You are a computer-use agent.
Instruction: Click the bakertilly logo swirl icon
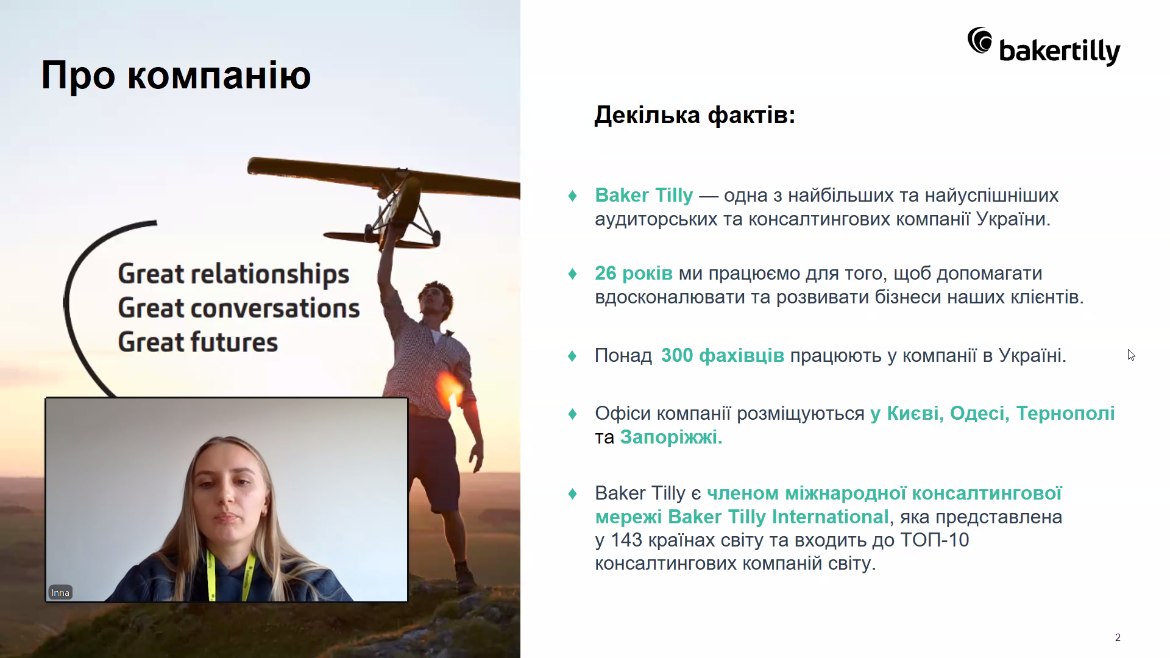(980, 40)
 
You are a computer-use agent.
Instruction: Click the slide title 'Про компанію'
(176, 76)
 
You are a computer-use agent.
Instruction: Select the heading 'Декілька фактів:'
(695, 115)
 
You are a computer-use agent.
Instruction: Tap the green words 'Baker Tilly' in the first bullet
(644, 195)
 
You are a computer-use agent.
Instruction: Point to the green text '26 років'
(634, 274)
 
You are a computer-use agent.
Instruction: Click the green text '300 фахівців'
(723, 355)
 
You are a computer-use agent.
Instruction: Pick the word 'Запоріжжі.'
(671, 437)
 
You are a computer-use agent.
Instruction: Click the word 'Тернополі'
(1066, 413)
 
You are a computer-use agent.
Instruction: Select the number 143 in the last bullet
(626, 540)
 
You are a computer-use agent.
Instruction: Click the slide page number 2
(1118, 637)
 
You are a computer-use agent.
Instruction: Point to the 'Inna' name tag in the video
(60, 592)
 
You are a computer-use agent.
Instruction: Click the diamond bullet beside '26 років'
(572, 274)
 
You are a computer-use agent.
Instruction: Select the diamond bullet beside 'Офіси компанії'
(572, 414)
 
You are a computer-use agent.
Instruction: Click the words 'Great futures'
(198, 342)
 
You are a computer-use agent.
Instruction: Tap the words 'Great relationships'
(234, 274)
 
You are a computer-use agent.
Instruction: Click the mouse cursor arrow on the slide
(1131, 355)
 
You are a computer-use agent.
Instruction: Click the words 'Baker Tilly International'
(778, 517)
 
